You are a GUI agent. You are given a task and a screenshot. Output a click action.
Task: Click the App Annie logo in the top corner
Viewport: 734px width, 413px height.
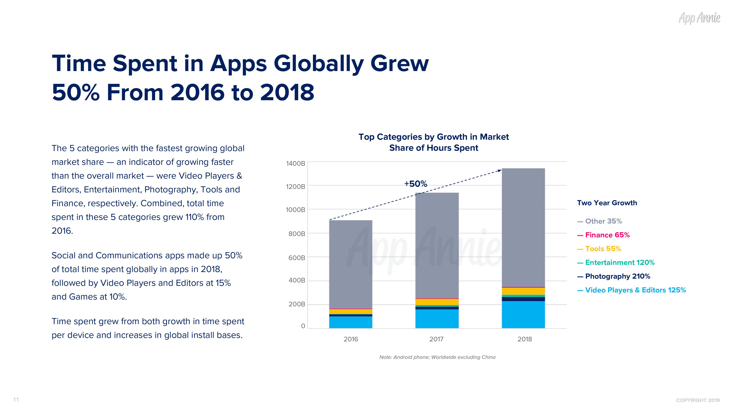point(699,18)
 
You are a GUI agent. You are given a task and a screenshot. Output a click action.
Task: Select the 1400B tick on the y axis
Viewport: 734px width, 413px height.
point(295,164)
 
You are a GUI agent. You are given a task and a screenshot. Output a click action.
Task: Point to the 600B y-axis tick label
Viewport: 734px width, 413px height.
point(296,258)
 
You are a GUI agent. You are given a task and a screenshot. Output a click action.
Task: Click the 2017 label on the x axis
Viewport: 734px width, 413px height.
point(436,339)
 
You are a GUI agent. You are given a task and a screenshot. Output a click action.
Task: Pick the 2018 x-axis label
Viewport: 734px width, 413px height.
point(525,339)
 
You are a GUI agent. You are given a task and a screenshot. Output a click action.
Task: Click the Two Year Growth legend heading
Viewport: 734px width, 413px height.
point(607,203)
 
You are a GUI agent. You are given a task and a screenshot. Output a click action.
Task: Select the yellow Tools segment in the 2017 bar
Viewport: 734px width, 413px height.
point(437,302)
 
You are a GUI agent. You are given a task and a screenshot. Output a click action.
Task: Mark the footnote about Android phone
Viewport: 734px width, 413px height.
point(437,357)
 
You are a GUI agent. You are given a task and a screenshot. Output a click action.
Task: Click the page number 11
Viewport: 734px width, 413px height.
point(16,399)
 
